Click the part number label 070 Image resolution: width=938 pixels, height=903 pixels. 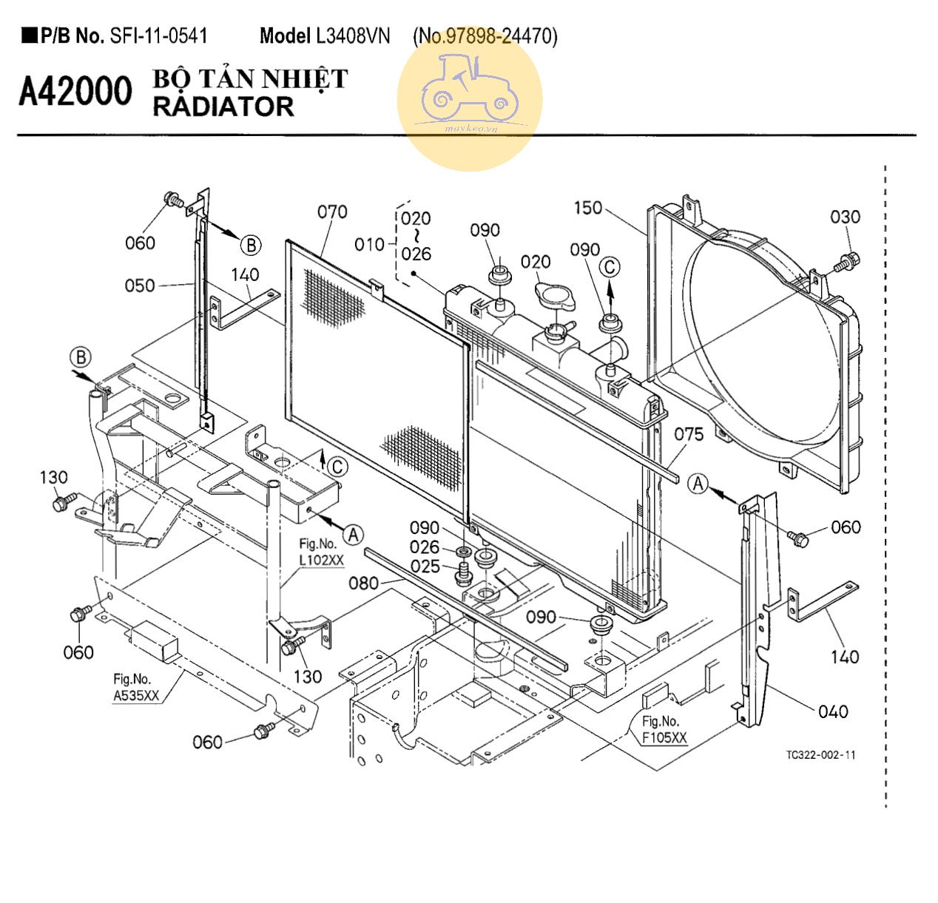[x=332, y=212]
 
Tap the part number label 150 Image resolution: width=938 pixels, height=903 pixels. [x=587, y=208]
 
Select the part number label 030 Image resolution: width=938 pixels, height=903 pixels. [x=845, y=217]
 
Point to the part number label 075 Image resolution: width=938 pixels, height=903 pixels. [x=689, y=434]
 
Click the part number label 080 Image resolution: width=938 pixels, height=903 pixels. [x=363, y=584]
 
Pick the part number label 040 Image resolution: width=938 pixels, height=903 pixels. [x=834, y=711]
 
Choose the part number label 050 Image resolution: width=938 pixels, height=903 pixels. [x=140, y=285]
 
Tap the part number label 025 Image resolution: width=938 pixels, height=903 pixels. [x=425, y=567]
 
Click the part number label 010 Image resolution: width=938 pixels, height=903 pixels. [x=369, y=245]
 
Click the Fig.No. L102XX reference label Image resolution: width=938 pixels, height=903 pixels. [x=321, y=552]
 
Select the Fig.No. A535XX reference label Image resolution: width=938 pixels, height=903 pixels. [x=136, y=688]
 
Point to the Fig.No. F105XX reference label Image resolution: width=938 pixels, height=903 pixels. [x=664, y=729]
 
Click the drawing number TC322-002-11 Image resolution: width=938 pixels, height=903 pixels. [x=821, y=755]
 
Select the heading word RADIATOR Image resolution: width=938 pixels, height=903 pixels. [x=223, y=107]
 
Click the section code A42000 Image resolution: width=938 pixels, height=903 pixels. [x=75, y=90]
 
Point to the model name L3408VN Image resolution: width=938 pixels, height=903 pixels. [x=353, y=36]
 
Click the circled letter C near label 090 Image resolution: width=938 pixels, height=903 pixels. [x=610, y=267]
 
